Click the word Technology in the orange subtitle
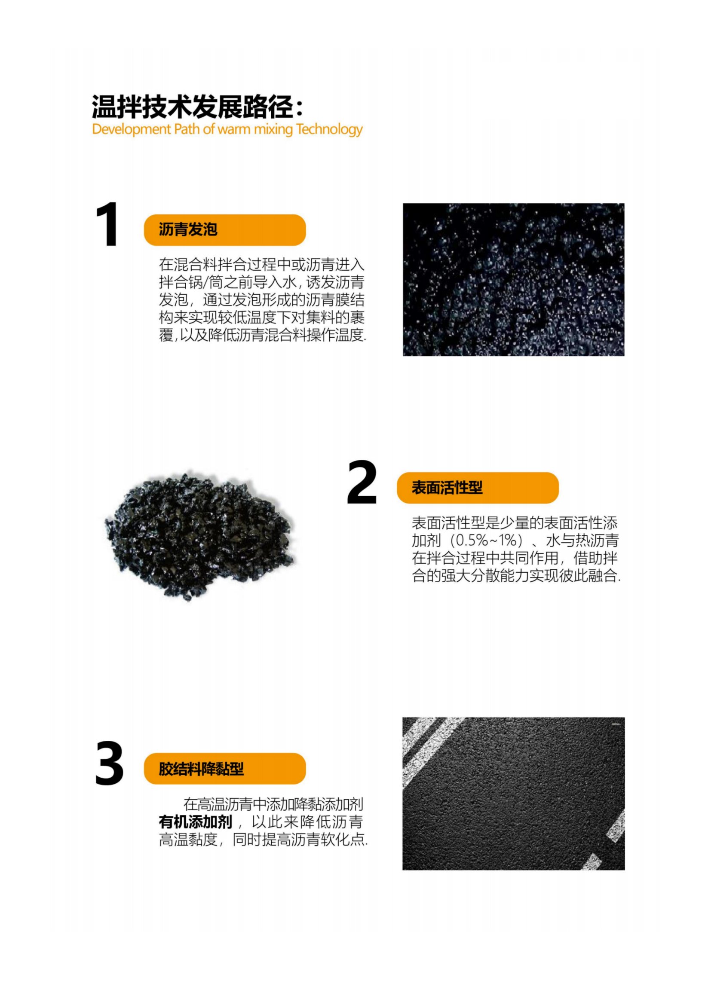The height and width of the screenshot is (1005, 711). click(329, 130)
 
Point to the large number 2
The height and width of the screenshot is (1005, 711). click(362, 483)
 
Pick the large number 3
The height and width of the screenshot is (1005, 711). click(110, 764)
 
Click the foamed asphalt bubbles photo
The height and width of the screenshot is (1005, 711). click(514, 279)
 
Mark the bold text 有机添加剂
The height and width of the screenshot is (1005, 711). click(195, 822)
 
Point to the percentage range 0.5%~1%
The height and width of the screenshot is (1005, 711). click(487, 541)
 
